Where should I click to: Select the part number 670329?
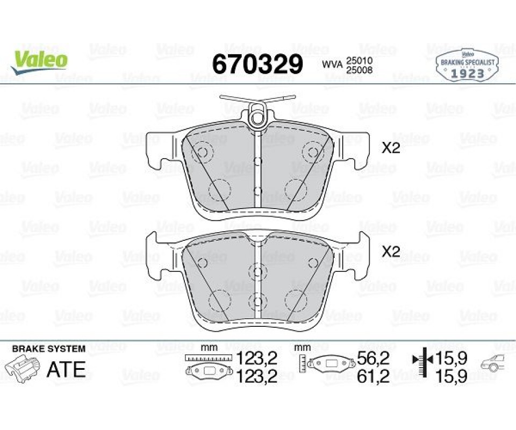coord(257,64)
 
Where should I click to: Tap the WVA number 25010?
coord(359,61)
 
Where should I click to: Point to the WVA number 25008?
coord(359,70)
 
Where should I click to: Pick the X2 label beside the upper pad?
coord(391,148)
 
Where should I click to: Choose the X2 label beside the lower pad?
coord(391,252)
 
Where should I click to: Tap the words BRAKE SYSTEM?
coord(49,349)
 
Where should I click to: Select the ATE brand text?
coord(67,369)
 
